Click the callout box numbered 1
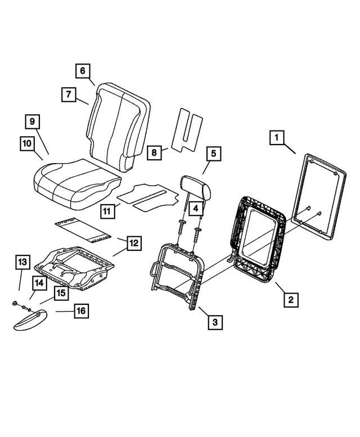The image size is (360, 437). pyautogui.click(x=276, y=137)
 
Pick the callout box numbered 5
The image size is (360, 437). pyautogui.click(x=213, y=153)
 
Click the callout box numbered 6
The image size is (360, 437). pyautogui.click(x=82, y=71)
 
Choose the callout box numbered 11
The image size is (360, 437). pyautogui.click(x=107, y=211)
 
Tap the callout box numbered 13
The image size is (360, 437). pyautogui.click(x=22, y=262)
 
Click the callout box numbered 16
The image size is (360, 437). pyautogui.click(x=81, y=310)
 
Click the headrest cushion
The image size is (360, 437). pyautogui.click(x=196, y=187)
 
